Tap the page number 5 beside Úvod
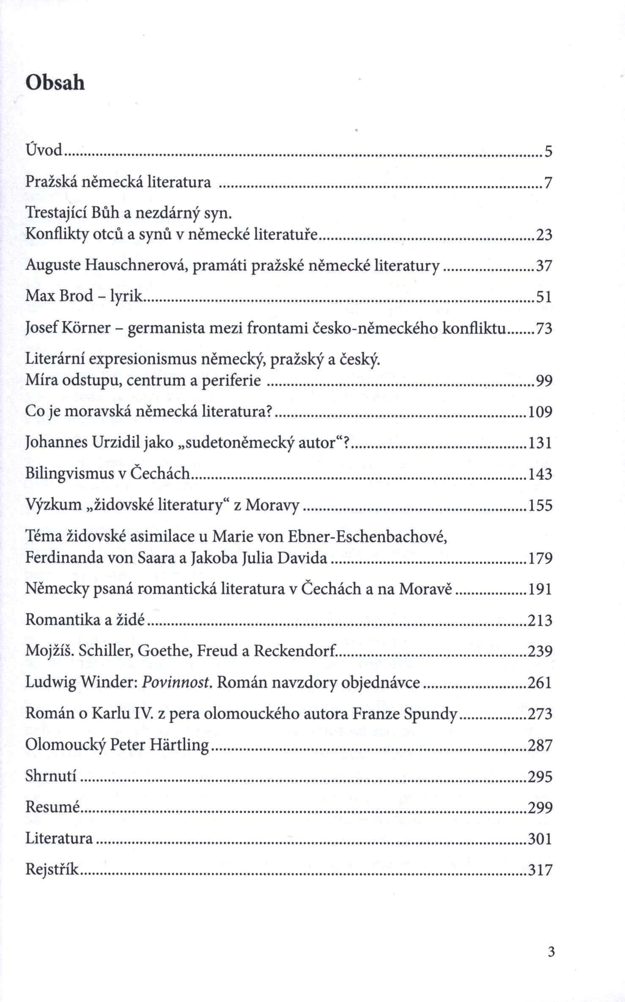[x=548, y=151]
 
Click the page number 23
[x=544, y=235]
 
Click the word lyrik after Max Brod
[x=126, y=297]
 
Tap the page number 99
[x=544, y=381]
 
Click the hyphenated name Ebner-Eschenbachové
[x=367, y=537]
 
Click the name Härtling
[x=179, y=745]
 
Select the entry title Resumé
[x=52, y=807]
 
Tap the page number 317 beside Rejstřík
[x=540, y=870]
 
